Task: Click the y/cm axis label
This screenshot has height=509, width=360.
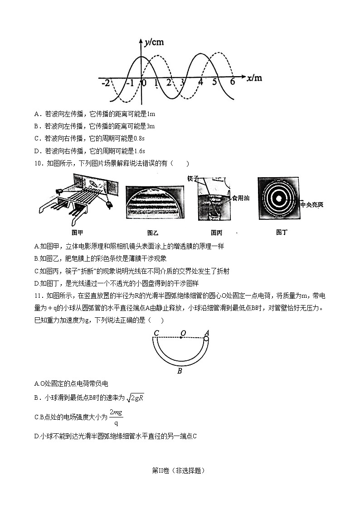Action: tap(155, 43)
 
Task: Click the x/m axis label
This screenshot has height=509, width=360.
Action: tap(254, 78)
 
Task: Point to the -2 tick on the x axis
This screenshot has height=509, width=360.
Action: tap(105, 83)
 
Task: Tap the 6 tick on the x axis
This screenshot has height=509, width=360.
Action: tap(232, 82)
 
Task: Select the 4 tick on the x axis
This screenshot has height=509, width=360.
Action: tap(200, 82)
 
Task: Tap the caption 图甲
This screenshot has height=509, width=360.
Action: tap(78, 233)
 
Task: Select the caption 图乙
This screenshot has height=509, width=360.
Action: tap(153, 233)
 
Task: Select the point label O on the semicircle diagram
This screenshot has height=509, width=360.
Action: tap(183, 333)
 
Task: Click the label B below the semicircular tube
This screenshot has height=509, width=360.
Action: tap(180, 372)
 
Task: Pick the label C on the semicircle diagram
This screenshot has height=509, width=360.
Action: tap(156, 334)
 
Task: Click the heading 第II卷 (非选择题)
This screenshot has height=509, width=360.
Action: tap(179, 470)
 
